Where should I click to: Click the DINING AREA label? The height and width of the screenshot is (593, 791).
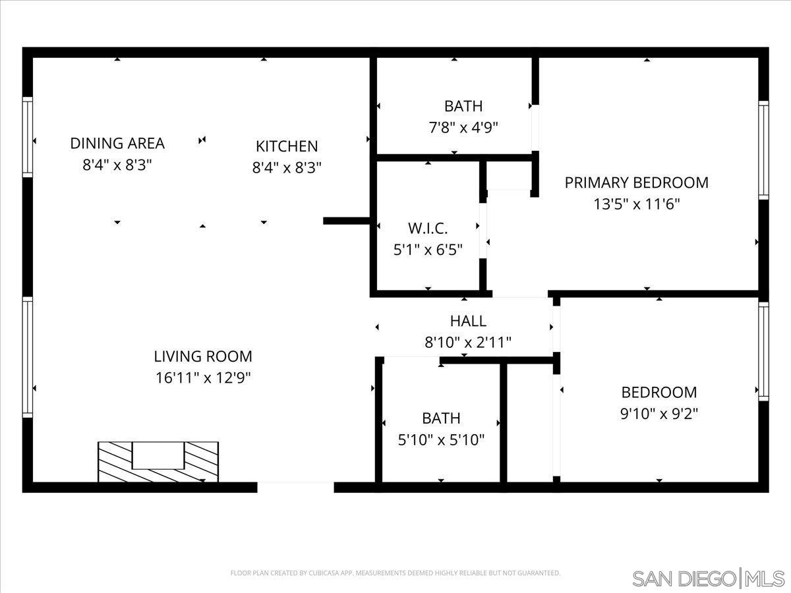click(117, 143)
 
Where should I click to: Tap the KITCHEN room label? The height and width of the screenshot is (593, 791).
click(287, 146)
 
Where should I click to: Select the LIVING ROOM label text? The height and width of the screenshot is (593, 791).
click(203, 356)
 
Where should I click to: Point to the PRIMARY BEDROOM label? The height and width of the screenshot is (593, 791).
click(636, 183)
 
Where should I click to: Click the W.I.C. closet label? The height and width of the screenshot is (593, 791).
click(428, 229)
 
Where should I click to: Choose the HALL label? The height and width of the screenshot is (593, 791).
click(468, 321)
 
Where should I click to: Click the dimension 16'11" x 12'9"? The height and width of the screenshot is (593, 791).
click(203, 378)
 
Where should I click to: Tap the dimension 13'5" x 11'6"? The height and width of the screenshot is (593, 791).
click(636, 204)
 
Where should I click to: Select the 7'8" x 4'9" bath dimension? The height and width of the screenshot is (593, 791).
click(463, 127)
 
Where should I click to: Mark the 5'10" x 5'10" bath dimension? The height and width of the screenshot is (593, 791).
click(441, 439)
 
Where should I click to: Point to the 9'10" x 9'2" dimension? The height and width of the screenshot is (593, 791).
click(659, 414)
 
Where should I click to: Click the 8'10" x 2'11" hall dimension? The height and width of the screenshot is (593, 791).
click(468, 342)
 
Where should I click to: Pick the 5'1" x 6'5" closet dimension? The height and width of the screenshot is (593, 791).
click(428, 250)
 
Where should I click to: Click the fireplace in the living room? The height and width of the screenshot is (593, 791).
click(158, 462)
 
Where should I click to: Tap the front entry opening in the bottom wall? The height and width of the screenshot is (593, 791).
click(295, 487)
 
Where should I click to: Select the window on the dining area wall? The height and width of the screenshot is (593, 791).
click(28, 137)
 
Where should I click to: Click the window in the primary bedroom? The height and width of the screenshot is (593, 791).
click(763, 150)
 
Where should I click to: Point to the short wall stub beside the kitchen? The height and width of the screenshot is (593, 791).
click(347, 221)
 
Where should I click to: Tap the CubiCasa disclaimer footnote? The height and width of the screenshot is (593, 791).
click(395, 573)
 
